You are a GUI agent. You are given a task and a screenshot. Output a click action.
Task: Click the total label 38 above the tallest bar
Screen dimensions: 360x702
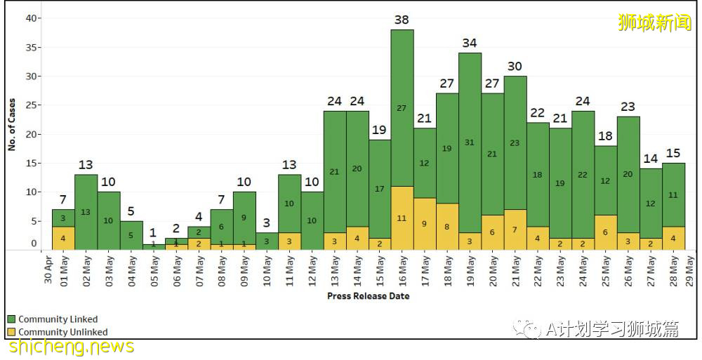[x=402, y=20]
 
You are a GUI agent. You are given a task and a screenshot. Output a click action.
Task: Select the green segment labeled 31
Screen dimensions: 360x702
[x=470, y=142]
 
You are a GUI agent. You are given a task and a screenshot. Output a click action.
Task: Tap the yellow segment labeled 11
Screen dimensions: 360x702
[x=402, y=218]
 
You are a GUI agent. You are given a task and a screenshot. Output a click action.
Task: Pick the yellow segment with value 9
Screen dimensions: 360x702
[x=425, y=224]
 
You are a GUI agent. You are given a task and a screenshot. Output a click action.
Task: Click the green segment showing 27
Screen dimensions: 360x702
[x=402, y=107]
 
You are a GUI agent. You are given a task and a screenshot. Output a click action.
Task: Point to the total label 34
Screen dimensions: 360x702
[x=470, y=44]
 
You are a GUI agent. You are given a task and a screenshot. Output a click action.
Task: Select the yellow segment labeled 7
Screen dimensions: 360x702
[x=515, y=229]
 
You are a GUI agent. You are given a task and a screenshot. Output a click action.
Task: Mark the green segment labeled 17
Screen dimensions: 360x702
[x=379, y=189]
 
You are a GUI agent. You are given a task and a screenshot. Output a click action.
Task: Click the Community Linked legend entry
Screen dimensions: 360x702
[x=58, y=319]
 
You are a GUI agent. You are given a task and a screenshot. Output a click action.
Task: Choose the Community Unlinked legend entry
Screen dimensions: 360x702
[x=62, y=332]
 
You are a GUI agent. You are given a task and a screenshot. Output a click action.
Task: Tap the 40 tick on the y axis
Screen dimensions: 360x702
[x=30, y=18]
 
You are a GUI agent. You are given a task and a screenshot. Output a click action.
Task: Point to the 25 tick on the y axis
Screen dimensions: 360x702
[x=30, y=105]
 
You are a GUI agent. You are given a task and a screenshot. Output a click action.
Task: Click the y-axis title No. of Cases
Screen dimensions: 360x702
[x=12, y=124]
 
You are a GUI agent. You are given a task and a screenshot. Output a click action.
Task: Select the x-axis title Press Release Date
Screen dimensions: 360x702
[x=368, y=296]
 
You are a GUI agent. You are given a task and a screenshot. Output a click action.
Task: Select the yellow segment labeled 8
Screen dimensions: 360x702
[x=447, y=227]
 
